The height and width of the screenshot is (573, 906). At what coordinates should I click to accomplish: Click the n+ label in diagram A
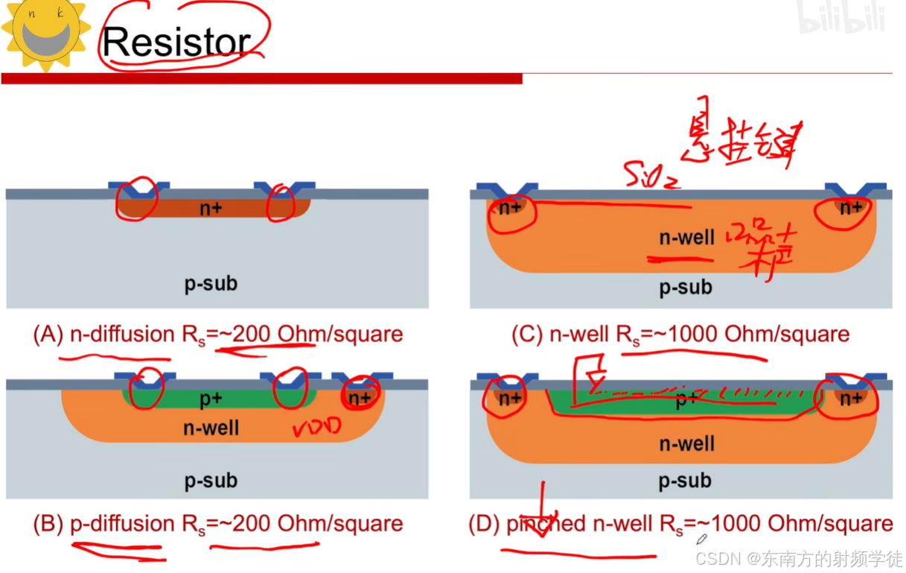[211, 209]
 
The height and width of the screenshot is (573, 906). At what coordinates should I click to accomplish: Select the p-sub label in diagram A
[211, 283]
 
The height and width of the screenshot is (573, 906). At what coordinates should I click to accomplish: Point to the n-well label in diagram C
[686, 238]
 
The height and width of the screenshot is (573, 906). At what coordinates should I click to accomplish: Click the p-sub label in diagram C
[685, 287]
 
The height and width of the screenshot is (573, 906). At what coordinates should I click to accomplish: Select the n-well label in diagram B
[211, 428]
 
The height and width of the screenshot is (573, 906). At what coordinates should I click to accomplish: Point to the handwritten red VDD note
[316, 428]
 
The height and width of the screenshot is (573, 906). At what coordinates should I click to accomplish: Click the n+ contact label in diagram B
[360, 398]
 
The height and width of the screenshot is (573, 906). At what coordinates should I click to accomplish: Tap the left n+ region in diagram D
[510, 399]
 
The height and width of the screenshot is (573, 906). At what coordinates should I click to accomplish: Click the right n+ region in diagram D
[851, 399]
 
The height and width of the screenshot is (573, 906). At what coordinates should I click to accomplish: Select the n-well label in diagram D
[686, 444]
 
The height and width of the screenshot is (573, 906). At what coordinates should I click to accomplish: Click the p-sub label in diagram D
[685, 481]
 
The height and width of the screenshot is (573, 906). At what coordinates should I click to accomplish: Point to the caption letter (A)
[48, 335]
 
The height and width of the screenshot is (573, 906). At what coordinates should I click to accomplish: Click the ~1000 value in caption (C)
[686, 335]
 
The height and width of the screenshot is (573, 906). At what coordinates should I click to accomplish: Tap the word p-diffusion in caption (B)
[122, 524]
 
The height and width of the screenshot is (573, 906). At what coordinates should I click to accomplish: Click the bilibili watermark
[841, 19]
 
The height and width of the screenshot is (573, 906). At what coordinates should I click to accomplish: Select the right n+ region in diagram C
[851, 209]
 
